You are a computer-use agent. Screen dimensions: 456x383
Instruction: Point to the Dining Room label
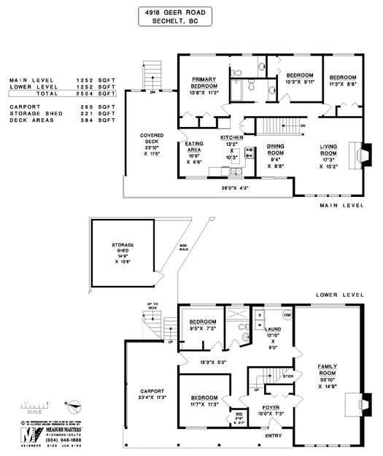[x=274, y=150]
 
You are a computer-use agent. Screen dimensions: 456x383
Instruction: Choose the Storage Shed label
[x=121, y=246]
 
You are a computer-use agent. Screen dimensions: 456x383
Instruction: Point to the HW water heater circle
[x=287, y=315]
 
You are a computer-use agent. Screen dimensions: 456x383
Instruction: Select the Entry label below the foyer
[x=274, y=436]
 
